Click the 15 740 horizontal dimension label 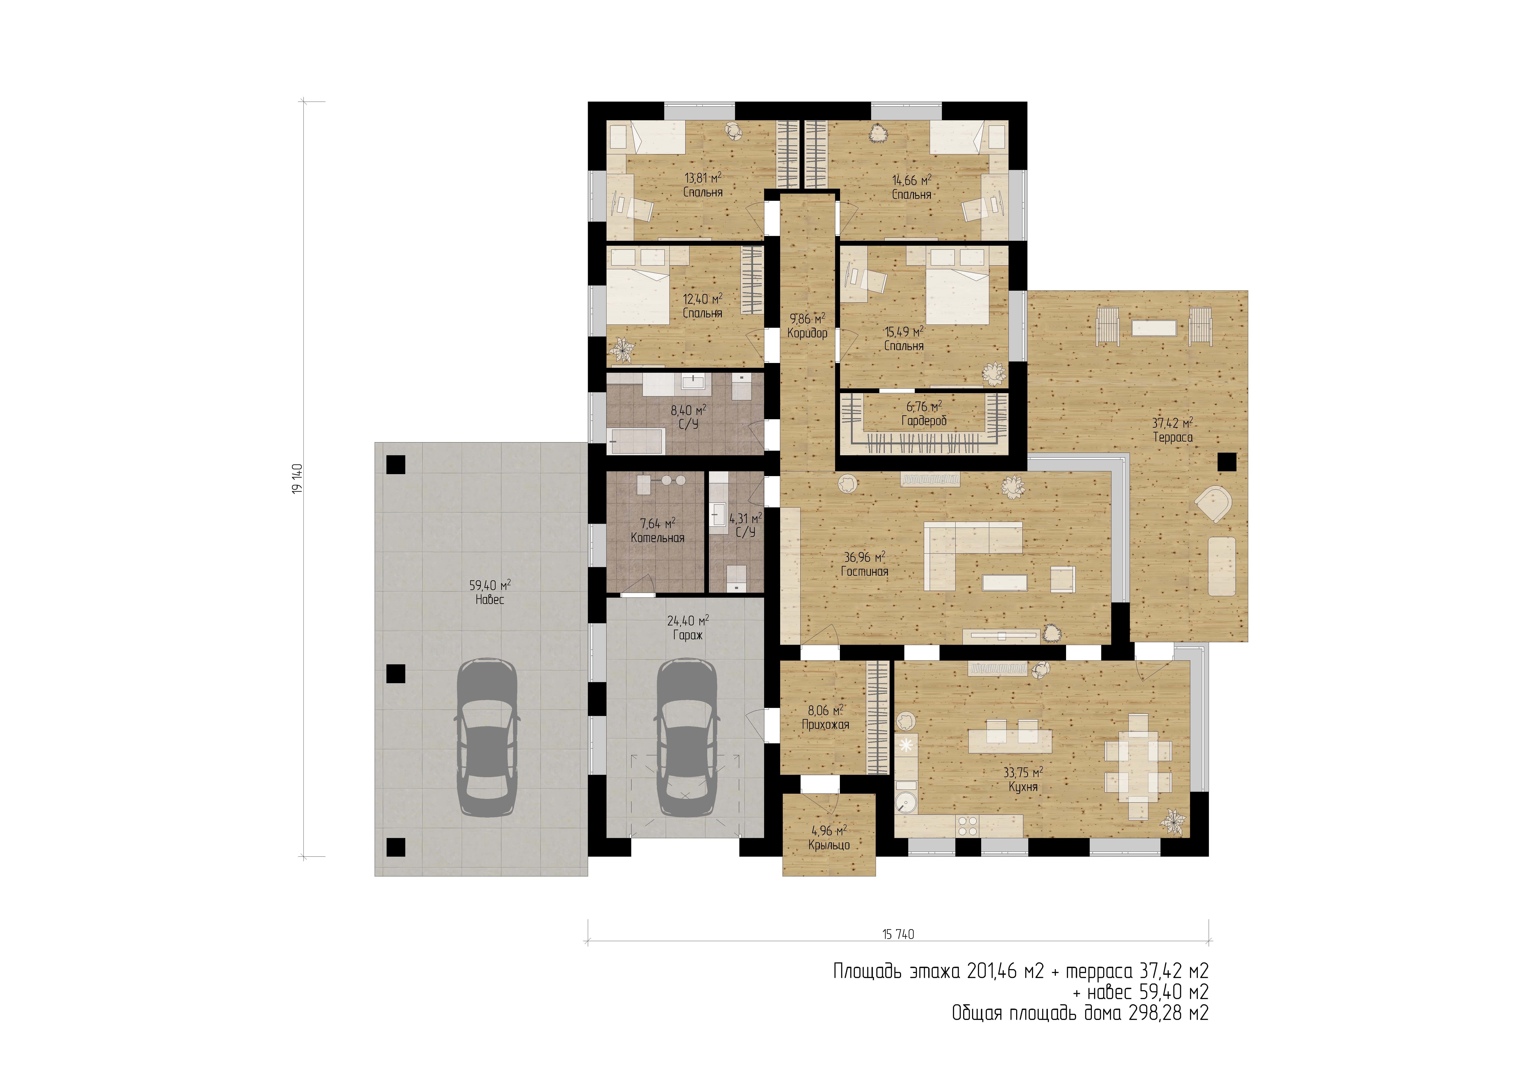(898, 934)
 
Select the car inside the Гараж (687, 737)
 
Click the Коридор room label (807, 333)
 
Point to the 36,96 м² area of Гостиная (864, 557)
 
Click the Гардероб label (924, 421)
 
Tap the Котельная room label (657, 538)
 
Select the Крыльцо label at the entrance (829, 845)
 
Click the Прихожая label (825, 725)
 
